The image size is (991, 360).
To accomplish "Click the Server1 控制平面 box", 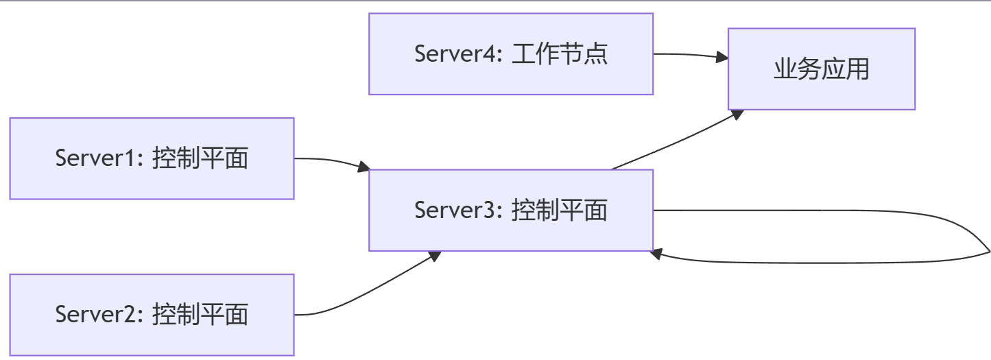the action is point(152,158).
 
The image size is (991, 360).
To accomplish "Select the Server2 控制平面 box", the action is point(152,315).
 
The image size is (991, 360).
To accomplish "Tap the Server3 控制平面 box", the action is point(511,210).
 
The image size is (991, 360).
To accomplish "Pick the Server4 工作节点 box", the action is point(511,54).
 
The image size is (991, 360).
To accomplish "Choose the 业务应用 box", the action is point(822,69).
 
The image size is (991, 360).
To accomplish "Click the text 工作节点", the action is point(560,54).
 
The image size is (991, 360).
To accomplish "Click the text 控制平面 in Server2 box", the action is point(200,315).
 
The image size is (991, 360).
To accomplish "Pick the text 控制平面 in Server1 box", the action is point(200,158).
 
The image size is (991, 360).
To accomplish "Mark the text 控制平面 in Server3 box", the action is point(560,210).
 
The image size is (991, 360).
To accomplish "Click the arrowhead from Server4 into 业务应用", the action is point(722,57).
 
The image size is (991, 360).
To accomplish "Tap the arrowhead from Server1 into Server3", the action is point(363,167).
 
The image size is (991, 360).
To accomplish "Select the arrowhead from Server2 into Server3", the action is point(435,256).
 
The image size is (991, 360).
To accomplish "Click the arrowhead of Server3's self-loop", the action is point(656,254).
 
